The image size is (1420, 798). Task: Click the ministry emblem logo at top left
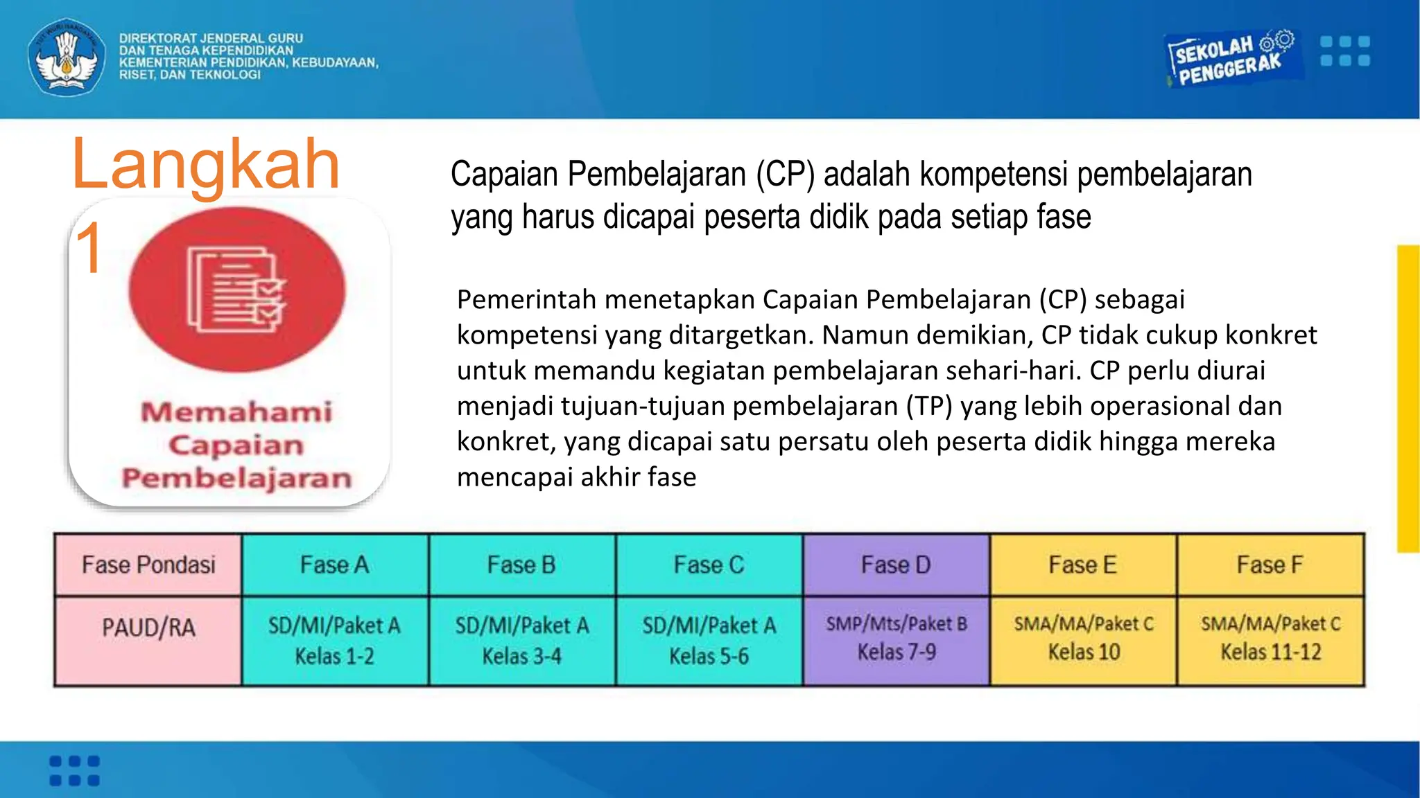pyautogui.click(x=67, y=57)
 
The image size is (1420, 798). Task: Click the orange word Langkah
pyautogui.click(x=206, y=164)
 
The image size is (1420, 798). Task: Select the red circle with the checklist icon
pyautogui.click(x=236, y=290)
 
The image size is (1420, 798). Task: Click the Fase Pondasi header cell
pyautogui.click(x=148, y=565)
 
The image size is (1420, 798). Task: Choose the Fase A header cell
pyautogui.click(x=335, y=565)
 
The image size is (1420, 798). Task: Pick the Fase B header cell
pyautogui.click(x=522, y=565)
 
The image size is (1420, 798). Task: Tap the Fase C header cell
pyautogui.click(x=709, y=565)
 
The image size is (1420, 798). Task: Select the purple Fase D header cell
pyautogui.click(x=896, y=565)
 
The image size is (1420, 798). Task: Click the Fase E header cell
pyautogui.click(x=1083, y=565)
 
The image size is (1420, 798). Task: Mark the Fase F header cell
pyautogui.click(x=1270, y=565)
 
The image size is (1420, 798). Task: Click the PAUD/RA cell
pyautogui.click(x=148, y=628)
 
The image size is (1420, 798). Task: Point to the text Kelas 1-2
pyautogui.click(x=335, y=656)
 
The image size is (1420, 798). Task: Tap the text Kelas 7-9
pyautogui.click(x=897, y=652)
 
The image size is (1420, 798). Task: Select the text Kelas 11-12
pyautogui.click(x=1271, y=652)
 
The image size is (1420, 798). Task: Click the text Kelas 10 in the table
pyautogui.click(x=1084, y=652)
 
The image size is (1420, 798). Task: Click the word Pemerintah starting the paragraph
pyautogui.click(x=527, y=300)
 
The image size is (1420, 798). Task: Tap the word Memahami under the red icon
pyautogui.click(x=236, y=412)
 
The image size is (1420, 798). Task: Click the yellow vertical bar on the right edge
pyautogui.click(x=1408, y=398)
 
